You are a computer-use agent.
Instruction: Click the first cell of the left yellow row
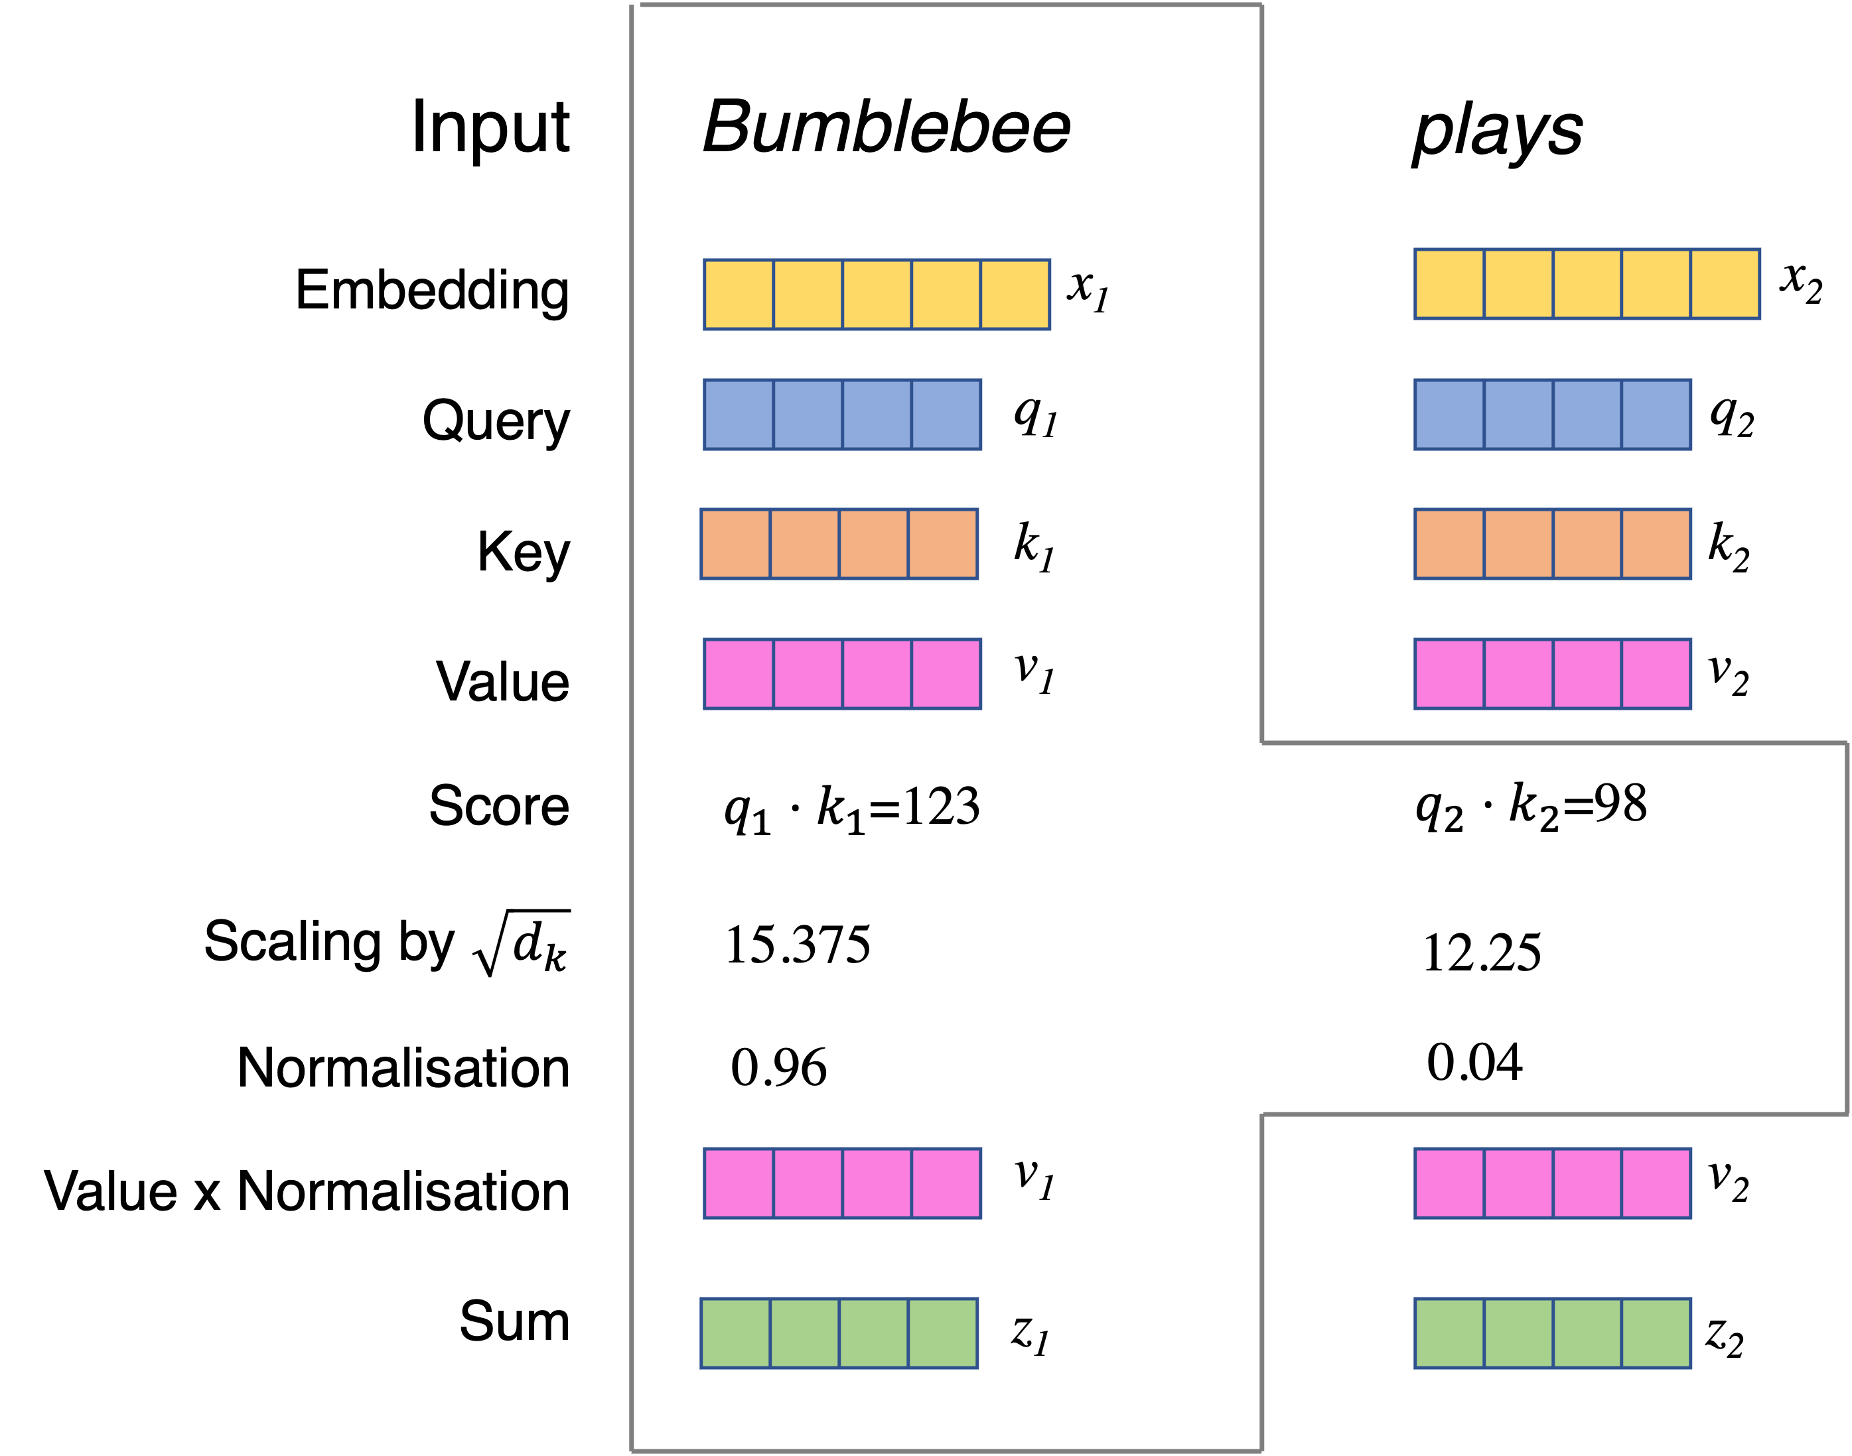tap(739, 294)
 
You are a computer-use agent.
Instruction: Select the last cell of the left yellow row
tap(1015, 294)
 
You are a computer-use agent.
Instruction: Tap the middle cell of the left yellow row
tap(877, 294)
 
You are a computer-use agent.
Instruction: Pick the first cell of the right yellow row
tap(1449, 284)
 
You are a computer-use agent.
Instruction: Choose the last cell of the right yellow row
tap(1725, 284)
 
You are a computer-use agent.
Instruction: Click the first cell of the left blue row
tap(739, 415)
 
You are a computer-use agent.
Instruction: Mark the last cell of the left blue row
tap(946, 415)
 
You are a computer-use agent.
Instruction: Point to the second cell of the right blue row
tap(1519, 415)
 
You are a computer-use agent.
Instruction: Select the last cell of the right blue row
tap(1656, 415)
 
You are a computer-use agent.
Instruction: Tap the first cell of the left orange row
tap(736, 544)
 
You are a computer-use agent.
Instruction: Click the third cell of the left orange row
tap(873, 544)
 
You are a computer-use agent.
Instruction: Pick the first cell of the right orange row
tap(1449, 544)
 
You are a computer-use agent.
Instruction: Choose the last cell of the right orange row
tap(1656, 544)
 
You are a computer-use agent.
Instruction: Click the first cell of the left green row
tap(736, 1333)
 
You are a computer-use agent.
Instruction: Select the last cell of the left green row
tap(942, 1333)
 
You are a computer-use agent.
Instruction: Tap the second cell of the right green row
tap(1519, 1333)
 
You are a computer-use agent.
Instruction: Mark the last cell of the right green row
tap(1656, 1333)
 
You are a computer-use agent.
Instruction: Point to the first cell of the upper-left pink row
tap(739, 673)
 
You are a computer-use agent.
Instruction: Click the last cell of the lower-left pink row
tap(946, 1183)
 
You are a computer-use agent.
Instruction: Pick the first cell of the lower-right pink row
tap(1449, 1183)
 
